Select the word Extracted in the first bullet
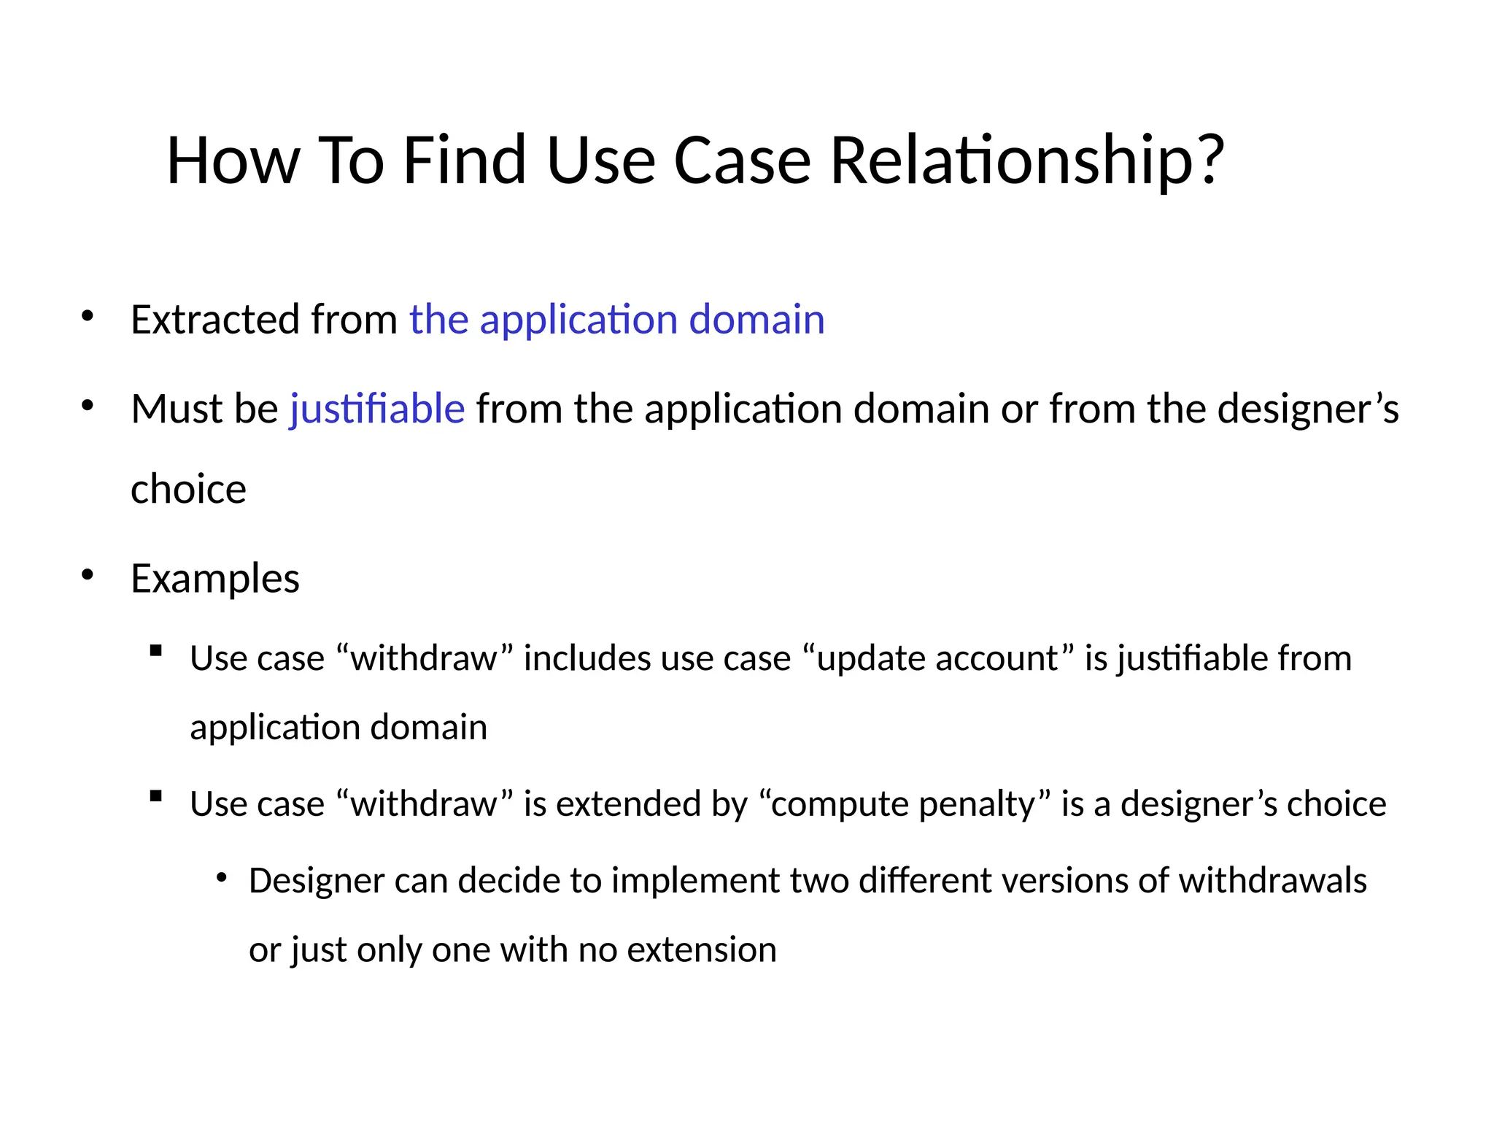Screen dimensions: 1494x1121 point(214,320)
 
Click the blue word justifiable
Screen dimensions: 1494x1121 point(377,409)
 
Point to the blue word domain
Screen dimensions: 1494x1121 point(756,320)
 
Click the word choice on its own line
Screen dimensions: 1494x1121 point(188,489)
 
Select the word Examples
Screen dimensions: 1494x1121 point(215,579)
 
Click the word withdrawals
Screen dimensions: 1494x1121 point(1272,881)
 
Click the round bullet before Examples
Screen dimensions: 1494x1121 point(88,575)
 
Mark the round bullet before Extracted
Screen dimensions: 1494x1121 point(88,316)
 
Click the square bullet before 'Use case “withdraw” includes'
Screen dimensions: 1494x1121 point(155,651)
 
